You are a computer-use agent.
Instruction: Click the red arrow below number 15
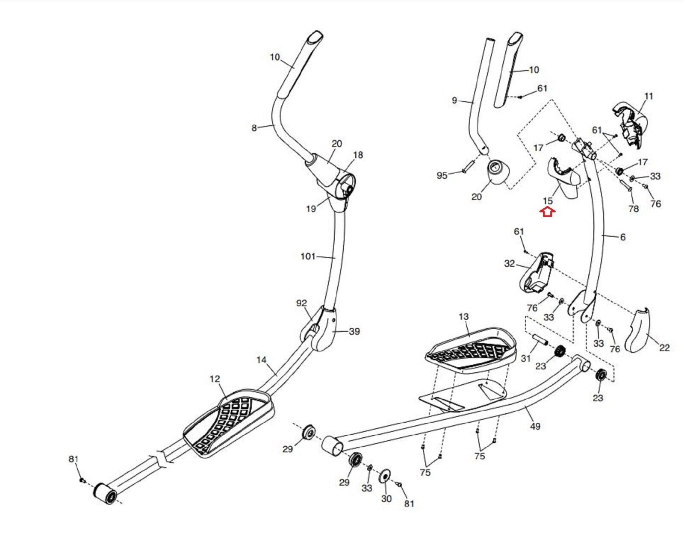(548, 212)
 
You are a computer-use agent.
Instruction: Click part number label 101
(308, 256)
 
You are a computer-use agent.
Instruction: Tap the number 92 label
(301, 303)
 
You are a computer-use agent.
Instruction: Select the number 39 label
(354, 331)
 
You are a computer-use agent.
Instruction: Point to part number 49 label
(535, 426)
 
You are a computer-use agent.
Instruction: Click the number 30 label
(386, 499)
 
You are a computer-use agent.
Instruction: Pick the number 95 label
(442, 176)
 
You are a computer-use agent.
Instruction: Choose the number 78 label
(633, 209)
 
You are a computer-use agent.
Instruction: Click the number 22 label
(664, 348)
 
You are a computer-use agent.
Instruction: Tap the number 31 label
(526, 359)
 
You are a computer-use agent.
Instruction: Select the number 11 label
(649, 96)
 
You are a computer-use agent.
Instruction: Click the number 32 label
(509, 264)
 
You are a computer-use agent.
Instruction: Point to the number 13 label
(463, 317)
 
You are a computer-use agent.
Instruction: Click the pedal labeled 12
(229, 421)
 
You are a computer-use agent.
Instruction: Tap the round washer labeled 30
(385, 476)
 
